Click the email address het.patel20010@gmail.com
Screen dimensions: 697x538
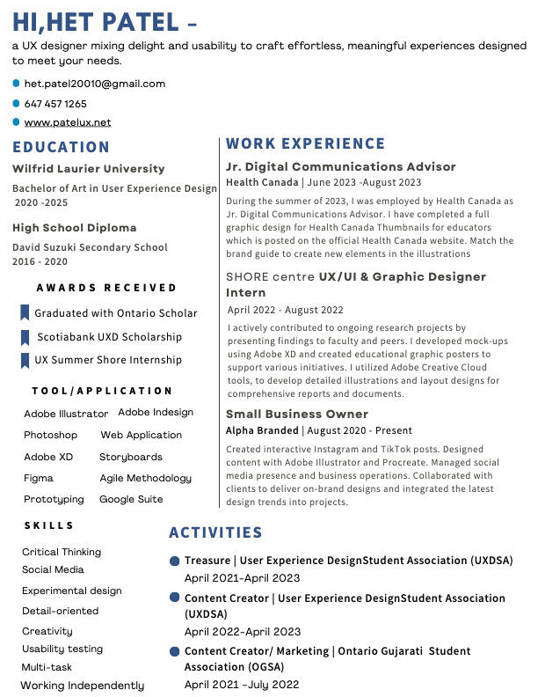click(x=94, y=84)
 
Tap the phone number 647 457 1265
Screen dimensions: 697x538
click(x=55, y=103)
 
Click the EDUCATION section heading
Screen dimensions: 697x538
click(x=62, y=147)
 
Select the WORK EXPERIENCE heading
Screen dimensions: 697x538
click(x=306, y=143)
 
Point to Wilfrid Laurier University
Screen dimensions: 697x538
click(x=89, y=168)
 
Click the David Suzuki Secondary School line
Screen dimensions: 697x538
click(x=90, y=247)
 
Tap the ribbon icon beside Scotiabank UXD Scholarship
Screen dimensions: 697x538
click(x=25, y=337)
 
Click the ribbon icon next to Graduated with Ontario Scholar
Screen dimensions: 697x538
click(x=25, y=312)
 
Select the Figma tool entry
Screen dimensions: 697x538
click(x=39, y=478)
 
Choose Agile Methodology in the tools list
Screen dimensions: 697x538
click(x=145, y=478)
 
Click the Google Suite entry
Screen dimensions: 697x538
click(x=131, y=499)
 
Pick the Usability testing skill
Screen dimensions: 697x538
click(x=62, y=649)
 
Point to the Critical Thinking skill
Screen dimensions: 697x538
click(x=62, y=552)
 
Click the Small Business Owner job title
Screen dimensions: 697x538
click(x=297, y=414)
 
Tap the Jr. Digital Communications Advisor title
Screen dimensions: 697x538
click(x=341, y=166)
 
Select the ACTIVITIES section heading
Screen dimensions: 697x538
click(x=216, y=532)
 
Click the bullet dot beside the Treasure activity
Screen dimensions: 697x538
click(x=175, y=561)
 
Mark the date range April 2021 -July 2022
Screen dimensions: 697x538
click(x=242, y=684)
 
